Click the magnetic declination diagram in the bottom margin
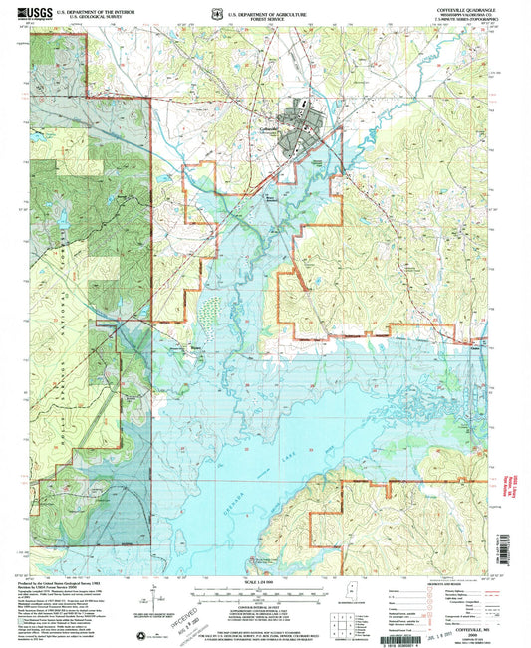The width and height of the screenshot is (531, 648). (153, 597)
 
